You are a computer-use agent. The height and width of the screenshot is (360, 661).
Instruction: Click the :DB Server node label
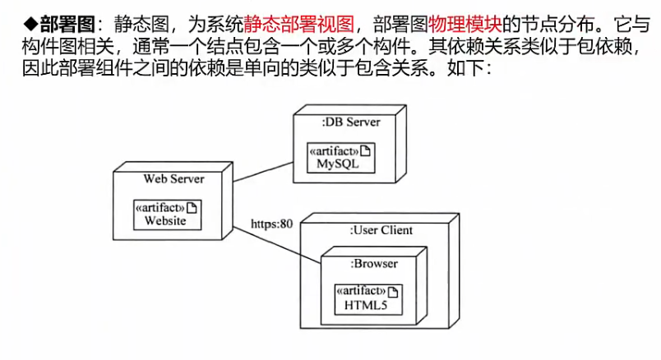coord(351,122)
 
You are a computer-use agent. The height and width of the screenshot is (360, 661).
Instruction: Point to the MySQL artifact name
coord(340,164)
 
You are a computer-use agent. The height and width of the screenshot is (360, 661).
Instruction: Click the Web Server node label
coord(173,178)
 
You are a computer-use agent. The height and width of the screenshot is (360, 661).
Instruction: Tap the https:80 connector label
coord(272,224)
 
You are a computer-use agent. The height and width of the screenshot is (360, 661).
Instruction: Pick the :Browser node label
coord(374,264)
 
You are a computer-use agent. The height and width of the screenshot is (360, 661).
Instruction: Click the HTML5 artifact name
coord(367,306)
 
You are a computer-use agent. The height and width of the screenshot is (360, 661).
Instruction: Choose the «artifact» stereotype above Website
coord(159,207)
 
